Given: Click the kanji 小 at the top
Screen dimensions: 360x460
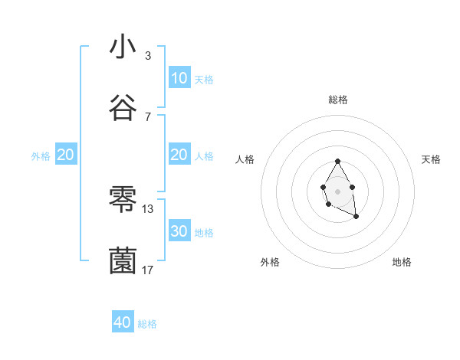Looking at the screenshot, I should click(x=123, y=47).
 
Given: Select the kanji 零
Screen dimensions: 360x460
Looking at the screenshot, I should click(x=123, y=199).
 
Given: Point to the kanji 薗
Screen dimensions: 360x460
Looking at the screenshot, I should click(x=123, y=260).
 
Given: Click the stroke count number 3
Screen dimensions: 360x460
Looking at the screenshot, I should click(x=148, y=55).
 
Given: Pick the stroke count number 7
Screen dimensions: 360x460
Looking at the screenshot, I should click(x=148, y=116).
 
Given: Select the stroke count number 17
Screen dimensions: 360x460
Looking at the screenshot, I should click(x=148, y=270).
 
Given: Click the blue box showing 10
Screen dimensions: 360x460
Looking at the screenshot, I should click(x=179, y=78).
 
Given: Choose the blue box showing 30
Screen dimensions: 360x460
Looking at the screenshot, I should click(x=179, y=231).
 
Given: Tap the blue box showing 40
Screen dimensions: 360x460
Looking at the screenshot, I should click(x=123, y=322).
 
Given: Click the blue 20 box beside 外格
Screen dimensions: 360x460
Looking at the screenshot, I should click(x=66, y=155).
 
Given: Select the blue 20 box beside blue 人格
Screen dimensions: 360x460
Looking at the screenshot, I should click(x=179, y=155).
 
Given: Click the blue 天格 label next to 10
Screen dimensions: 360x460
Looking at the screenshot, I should click(x=204, y=79).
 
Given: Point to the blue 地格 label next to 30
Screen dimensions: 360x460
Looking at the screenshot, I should click(x=204, y=232).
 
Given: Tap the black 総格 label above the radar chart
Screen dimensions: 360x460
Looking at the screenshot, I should click(x=337, y=100).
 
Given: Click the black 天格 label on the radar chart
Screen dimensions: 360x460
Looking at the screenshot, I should click(x=432, y=159).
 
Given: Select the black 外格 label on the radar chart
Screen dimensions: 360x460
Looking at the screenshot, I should click(x=270, y=262).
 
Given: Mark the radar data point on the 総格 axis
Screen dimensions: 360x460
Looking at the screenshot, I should click(x=337, y=162).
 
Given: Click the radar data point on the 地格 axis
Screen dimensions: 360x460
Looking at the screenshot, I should click(x=356, y=217).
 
